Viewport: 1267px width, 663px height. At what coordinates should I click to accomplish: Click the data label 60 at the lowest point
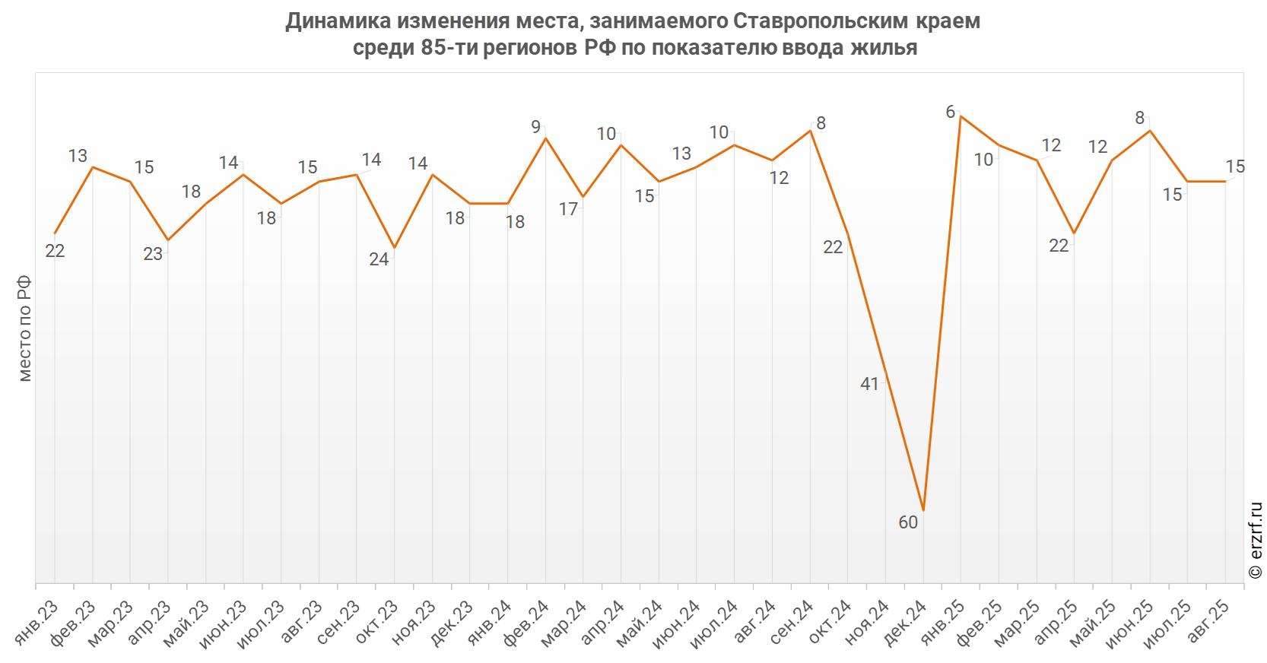[x=908, y=522]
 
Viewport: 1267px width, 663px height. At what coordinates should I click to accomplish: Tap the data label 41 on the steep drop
[x=869, y=384]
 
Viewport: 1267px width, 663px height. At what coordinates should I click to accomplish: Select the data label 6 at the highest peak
[x=950, y=113]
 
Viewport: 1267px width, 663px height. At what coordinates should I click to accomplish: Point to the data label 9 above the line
[x=536, y=127]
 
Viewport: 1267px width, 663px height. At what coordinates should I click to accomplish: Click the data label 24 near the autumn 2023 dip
[x=379, y=259]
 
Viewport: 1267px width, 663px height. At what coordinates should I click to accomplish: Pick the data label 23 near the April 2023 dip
[x=153, y=254]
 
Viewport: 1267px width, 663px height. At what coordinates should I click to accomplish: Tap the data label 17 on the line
[x=568, y=209]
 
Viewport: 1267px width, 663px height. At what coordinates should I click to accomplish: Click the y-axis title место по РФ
[x=25, y=328]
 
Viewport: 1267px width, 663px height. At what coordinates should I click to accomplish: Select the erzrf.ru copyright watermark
[x=1256, y=541]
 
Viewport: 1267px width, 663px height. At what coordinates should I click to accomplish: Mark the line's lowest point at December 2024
[x=923, y=510]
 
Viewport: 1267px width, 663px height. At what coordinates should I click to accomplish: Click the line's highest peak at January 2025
[x=961, y=116]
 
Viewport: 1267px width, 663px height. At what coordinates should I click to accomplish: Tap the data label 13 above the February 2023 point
[x=78, y=156]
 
